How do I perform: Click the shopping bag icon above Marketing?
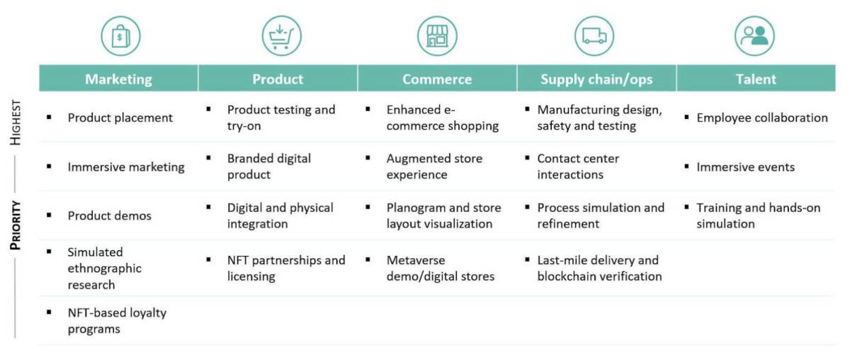[x=120, y=36]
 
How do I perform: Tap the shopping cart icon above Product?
[x=282, y=36]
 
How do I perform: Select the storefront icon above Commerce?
[x=437, y=36]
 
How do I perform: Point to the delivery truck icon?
[x=594, y=36]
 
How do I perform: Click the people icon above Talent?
[x=754, y=36]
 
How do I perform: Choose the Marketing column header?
[x=118, y=79]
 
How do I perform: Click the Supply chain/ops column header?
[x=596, y=79]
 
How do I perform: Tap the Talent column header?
[x=756, y=79]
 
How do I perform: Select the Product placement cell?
[x=120, y=118]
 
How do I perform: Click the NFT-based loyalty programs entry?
[x=117, y=321]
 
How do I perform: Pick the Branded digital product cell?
[x=268, y=167]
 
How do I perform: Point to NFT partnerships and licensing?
[x=286, y=268]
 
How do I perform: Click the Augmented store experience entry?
[x=434, y=167]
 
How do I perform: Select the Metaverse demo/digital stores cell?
[x=440, y=268]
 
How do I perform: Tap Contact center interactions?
[x=578, y=167]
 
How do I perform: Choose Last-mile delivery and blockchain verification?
[x=599, y=268]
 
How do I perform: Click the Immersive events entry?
[x=745, y=167]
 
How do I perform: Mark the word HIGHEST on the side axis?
[x=16, y=123]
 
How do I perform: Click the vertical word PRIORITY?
[x=16, y=225]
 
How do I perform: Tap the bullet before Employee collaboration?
[x=686, y=117]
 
